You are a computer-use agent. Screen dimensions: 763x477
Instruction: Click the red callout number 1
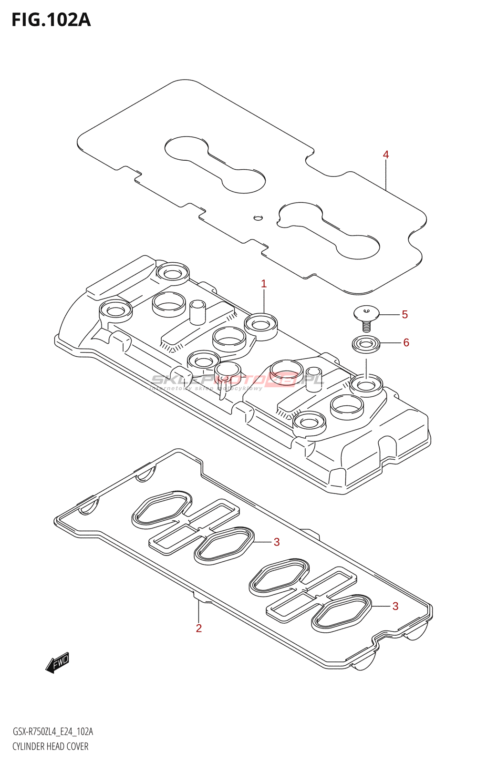[x=264, y=284]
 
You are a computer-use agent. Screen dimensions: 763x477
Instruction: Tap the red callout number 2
[x=199, y=628]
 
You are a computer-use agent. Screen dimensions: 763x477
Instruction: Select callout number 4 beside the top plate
[x=386, y=155]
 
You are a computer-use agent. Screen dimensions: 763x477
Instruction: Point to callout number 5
[x=404, y=315]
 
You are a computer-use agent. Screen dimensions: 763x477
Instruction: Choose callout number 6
[x=406, y=342]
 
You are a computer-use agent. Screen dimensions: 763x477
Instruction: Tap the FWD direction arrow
[x=58, y=662]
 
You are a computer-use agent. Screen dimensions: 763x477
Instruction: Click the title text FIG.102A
[x=51, y=20]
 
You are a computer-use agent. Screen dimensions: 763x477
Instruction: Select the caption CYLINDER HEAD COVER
[x=51, y=746]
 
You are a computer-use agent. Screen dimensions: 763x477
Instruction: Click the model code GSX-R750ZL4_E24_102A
[x=52, y=732]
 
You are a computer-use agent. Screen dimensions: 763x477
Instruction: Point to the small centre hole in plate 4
[x=258, y=218]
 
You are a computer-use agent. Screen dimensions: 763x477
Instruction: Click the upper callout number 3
[x=277, y=542]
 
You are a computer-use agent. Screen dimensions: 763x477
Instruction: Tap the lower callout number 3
[x=395, y=606]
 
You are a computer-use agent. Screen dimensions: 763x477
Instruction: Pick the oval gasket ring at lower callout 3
[x=341, y=611]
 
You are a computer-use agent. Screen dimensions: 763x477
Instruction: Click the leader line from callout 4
[x=386, y=176]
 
